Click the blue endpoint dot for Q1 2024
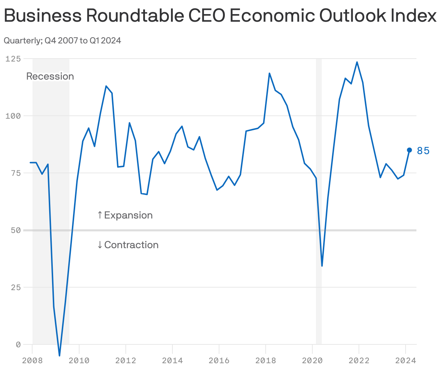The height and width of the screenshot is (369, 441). pos(410,150)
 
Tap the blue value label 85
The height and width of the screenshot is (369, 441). pos(423,151)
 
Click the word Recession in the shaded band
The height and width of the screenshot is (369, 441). pos(50,76)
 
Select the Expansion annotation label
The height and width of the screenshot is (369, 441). pos(125,215)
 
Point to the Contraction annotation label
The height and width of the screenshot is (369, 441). pos(128,245)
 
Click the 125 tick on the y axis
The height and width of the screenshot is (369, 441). pos(13,59)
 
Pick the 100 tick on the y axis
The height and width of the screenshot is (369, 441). pos(13,116)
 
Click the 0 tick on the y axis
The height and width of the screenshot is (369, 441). pos(18,344)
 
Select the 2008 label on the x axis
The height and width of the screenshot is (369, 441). pos(32,361)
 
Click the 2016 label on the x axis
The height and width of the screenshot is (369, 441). pos(219,361)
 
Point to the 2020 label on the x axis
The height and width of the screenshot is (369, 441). pos(312,361)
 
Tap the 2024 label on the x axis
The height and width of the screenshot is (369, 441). pos(406,361)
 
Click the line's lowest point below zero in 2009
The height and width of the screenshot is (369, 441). pos(60,355)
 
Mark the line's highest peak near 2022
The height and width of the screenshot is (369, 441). pos(357,62)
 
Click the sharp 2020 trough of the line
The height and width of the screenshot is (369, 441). pos(322,266)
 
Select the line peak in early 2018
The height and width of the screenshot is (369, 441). pos(269,73)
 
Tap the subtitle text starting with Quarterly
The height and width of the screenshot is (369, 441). pos(62,41)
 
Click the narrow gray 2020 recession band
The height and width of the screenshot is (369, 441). pos(318,181)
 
